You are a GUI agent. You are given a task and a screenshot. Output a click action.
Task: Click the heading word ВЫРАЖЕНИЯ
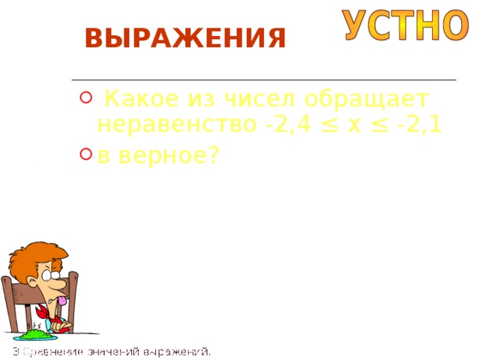point(185,37)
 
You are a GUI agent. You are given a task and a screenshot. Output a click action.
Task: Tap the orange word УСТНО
point(406,25)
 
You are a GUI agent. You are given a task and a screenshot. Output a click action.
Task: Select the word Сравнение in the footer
point(52,351)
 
